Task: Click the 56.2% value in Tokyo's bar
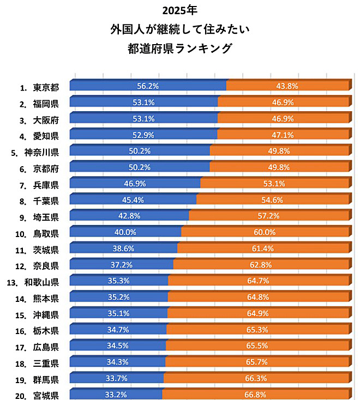pos(147,86)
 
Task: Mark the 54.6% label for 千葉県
pos(273,200)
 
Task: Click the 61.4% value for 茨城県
pos(262,249)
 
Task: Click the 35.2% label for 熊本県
pos(119,298)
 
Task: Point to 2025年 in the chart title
pos(179,10)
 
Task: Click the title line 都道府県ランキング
pos(179,48)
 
